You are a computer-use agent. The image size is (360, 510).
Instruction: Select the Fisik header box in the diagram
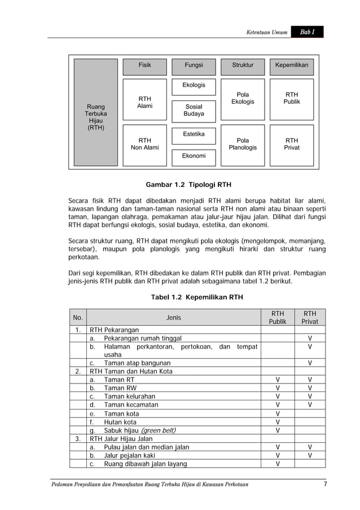click(145, 66)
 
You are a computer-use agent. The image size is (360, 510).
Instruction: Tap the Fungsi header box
click(194, 66)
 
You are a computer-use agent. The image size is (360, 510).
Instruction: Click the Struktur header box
click(243, 66)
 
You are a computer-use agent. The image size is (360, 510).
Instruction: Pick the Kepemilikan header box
click(291, 66)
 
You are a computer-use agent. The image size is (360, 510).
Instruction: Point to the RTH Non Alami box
click(145, 144)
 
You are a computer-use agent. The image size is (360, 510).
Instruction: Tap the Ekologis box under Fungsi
click(194, 86)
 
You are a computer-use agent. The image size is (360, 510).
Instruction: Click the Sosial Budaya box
click(194, 110)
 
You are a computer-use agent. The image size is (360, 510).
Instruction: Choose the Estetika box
click(194, 135)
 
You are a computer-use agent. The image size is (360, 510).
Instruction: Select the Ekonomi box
click(194, 156)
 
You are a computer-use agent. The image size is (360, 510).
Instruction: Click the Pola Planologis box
click(243, 144)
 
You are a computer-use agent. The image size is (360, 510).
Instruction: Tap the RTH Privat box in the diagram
click(291, 144)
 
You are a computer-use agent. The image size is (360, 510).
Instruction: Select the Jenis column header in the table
click(174, 318)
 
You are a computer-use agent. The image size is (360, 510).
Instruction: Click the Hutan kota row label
click(120, 422)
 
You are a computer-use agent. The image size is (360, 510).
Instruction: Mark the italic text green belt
click(157, 431)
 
